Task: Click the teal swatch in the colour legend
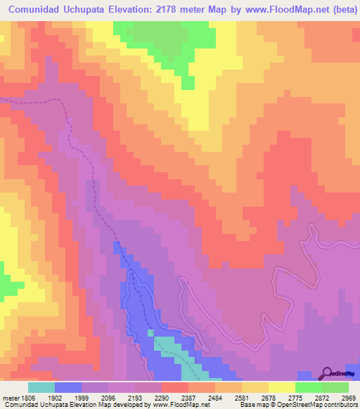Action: (x=41, y=387)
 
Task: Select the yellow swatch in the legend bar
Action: (x=281, y=387)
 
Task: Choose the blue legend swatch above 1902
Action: (x=68, y=387)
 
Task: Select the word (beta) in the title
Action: (x=341, y=8)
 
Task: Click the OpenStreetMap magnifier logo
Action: (x=327, y=373)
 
